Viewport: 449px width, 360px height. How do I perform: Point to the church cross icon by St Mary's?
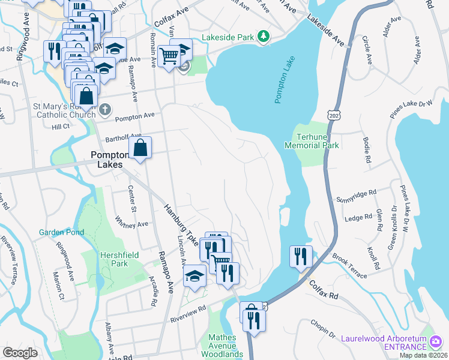point(105,109)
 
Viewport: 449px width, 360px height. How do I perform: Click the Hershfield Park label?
point(119,259)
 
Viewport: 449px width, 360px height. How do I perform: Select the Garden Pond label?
point(59,232)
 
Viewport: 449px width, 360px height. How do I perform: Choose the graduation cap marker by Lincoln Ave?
point(194,275)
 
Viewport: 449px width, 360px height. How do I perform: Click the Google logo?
point(20,353)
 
